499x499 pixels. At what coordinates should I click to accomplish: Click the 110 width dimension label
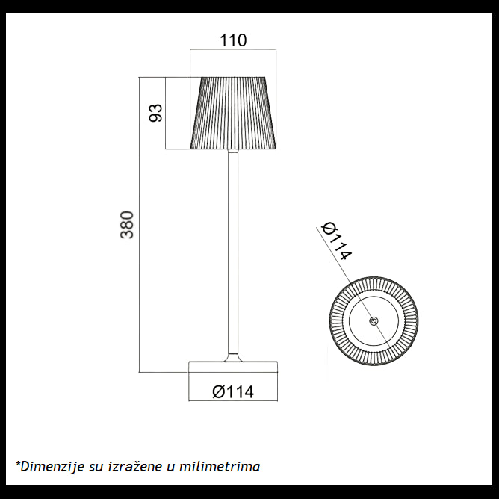[233, 40]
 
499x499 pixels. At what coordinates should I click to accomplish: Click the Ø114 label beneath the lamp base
[233, 391]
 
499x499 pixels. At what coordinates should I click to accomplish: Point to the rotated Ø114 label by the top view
[336, 241]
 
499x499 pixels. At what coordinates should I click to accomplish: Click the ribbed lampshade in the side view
[234, 113]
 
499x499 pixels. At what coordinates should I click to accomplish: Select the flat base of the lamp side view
[233, 367]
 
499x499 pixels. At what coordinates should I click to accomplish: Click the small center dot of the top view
[374, 320]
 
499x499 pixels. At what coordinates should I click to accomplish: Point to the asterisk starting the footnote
[18, 465]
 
